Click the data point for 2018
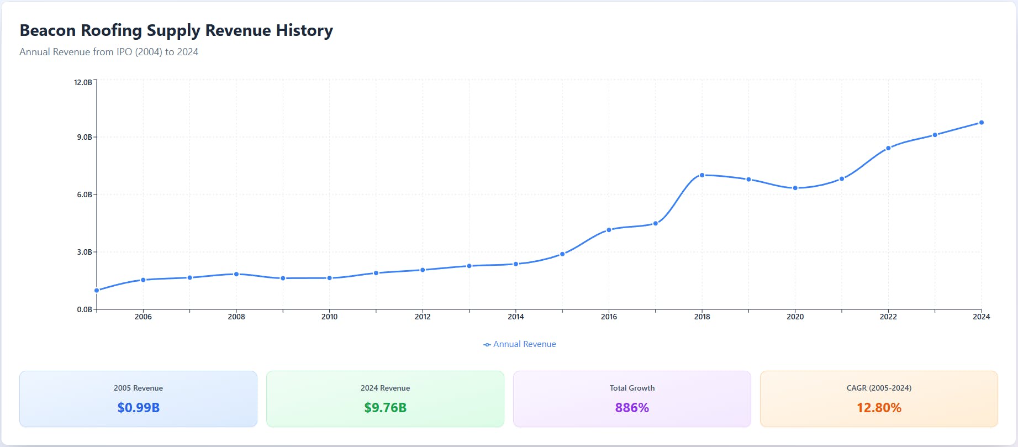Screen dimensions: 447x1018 [702, 175]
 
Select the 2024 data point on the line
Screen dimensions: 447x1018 [982, 123]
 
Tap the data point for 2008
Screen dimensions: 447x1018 [236, 274]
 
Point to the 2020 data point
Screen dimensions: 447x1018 [795, 188]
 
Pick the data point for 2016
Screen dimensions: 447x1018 [609, 230]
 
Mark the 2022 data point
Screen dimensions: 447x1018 [888, 148]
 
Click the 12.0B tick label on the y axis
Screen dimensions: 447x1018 [83, 82]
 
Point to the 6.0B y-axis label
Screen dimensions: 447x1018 [84, 194]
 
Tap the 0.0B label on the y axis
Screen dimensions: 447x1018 [84, 309]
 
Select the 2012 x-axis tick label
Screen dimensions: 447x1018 [423, 317]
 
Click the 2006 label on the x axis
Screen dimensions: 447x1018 [143, 317]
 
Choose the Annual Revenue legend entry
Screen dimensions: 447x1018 [520, 344]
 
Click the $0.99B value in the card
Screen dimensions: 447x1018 [138, 408]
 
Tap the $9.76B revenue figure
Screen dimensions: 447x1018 [385, 408]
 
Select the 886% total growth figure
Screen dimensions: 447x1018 [632, 408]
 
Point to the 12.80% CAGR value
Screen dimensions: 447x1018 [879, 408]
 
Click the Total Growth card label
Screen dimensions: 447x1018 [632, 388]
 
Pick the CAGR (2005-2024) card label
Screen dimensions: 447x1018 [879, 388]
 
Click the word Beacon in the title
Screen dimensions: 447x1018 [48, 30]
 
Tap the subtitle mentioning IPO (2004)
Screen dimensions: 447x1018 [109, 52]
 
